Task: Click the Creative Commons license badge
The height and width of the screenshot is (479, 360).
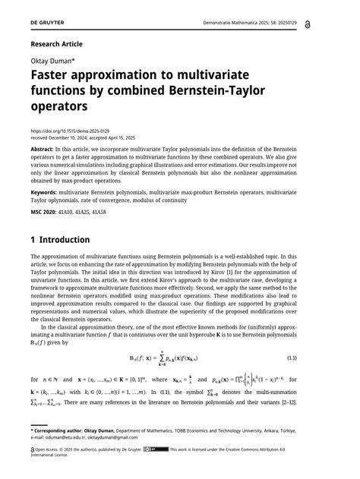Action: (159, 449)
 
